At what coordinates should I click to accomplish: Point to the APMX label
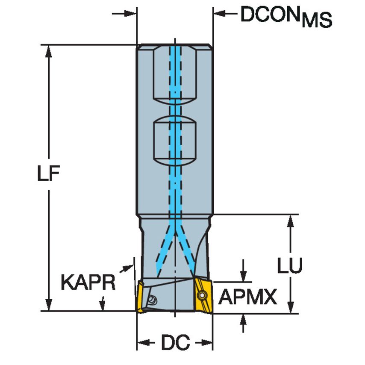(247, 297)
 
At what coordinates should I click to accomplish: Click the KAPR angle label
(88, 283)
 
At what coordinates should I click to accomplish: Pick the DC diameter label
(175, 343)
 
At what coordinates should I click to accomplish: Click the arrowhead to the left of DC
(143, 343)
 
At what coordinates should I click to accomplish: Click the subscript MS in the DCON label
(316, 21)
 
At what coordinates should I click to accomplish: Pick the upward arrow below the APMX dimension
(244, 318)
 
